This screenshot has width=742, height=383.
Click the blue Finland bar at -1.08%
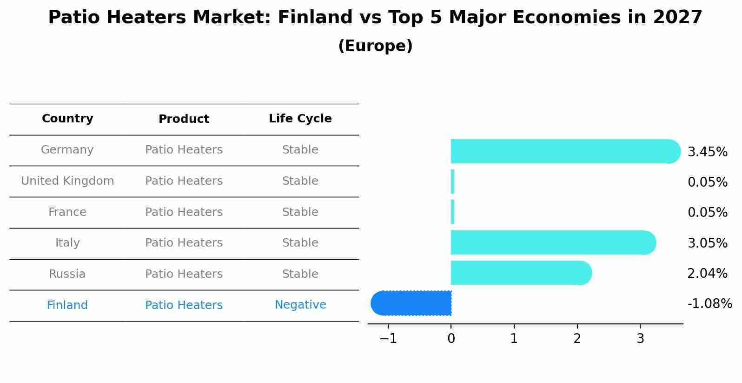tap(411, 303)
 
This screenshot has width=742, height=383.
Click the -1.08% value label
tap(709, 304)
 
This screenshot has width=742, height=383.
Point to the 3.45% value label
tap(707, 152)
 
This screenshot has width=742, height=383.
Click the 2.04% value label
tap(707, 274)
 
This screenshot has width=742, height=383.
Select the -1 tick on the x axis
tap(388, 339)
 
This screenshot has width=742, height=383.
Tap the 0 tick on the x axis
tap(451, 339)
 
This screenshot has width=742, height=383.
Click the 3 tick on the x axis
tap(640, 339)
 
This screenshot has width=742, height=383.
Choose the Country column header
tap(67, 119)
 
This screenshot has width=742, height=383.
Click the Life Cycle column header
tap(300, 119)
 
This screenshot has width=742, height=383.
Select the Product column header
tap(184, 119)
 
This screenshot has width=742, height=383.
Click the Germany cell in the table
tap(67, 150)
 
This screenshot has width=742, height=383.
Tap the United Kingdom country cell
tap(67, 181)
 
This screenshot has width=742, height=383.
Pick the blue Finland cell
tap(67, 305)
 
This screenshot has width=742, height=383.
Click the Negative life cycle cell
tap(300, 305)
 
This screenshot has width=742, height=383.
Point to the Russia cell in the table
tap(67, 274)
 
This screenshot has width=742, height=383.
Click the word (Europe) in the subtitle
tap(375, 46)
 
